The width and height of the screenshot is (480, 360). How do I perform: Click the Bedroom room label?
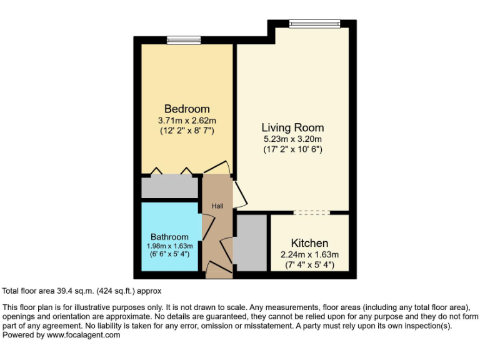click(187, 109)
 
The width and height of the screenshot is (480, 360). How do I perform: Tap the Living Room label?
click(292, 127)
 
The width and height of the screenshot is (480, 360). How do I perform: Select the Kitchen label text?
click(309, 243)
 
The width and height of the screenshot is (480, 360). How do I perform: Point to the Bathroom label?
click(169, 237)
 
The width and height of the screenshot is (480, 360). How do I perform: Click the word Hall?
click(217, 206)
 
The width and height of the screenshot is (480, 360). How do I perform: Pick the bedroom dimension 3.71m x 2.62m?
click(187, 121)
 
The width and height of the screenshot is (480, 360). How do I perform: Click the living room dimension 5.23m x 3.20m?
click(292, 139)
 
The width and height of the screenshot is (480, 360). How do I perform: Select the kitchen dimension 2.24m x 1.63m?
click(309, 254)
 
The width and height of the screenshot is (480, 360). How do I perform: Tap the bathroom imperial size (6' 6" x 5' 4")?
click(169, 254)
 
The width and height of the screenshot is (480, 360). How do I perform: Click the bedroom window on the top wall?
click(184, 41)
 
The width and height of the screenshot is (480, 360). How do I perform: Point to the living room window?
click(314, 24)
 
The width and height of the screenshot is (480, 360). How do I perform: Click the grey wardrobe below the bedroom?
click(167, 187)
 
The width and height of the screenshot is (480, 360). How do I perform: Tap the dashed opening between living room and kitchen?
click(311, 212)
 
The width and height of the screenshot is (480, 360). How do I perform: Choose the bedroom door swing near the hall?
click(217, 167)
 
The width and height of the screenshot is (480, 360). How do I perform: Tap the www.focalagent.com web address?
click(84, 335)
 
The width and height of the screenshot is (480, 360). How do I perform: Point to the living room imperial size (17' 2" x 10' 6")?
click(292, 150)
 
